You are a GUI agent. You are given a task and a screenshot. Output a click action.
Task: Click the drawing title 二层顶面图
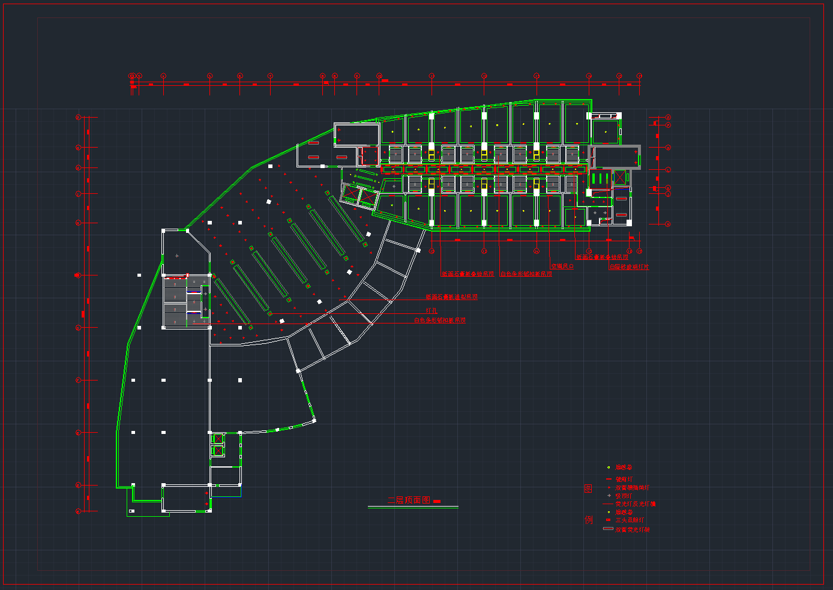click(409, 500)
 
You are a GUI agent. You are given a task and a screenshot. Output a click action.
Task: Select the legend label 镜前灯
click(624, 480)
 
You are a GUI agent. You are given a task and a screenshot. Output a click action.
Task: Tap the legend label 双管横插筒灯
click(632, 488)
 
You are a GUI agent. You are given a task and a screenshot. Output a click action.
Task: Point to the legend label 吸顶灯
click(624, 496)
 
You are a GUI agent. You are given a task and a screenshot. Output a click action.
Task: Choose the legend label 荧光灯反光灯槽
click(636, 504)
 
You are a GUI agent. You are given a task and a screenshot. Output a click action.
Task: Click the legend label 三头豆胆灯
click(630, 520)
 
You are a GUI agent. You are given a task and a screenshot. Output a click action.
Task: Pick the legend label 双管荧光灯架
click(632, 529)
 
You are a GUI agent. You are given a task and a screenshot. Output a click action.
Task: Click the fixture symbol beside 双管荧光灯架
click(608, 529)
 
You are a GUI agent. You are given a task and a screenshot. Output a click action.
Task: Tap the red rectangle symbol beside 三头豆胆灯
click(609, 520)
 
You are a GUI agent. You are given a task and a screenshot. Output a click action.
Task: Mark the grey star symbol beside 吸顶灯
click(609, 496)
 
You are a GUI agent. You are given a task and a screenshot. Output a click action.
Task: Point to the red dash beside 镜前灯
click(609, 480)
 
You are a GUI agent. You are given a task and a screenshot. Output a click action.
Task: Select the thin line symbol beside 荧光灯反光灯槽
click(608, 504)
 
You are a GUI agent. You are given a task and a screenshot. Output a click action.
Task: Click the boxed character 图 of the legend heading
click(588, 489)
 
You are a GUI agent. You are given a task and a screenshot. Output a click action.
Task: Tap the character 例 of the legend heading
click(588, 520)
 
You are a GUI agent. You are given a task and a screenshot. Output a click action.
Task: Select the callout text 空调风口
click(562, 266)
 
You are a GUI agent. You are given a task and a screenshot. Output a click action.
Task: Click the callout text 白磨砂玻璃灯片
click(629, 266)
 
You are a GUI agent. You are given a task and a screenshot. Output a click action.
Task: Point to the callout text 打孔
click(432, 310)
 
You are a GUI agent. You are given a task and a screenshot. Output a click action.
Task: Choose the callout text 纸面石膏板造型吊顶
click(451, 297)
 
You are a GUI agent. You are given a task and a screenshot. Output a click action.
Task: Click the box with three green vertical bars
click(600, 178)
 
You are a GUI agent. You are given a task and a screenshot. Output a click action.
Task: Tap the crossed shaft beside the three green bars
click(620, 178)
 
